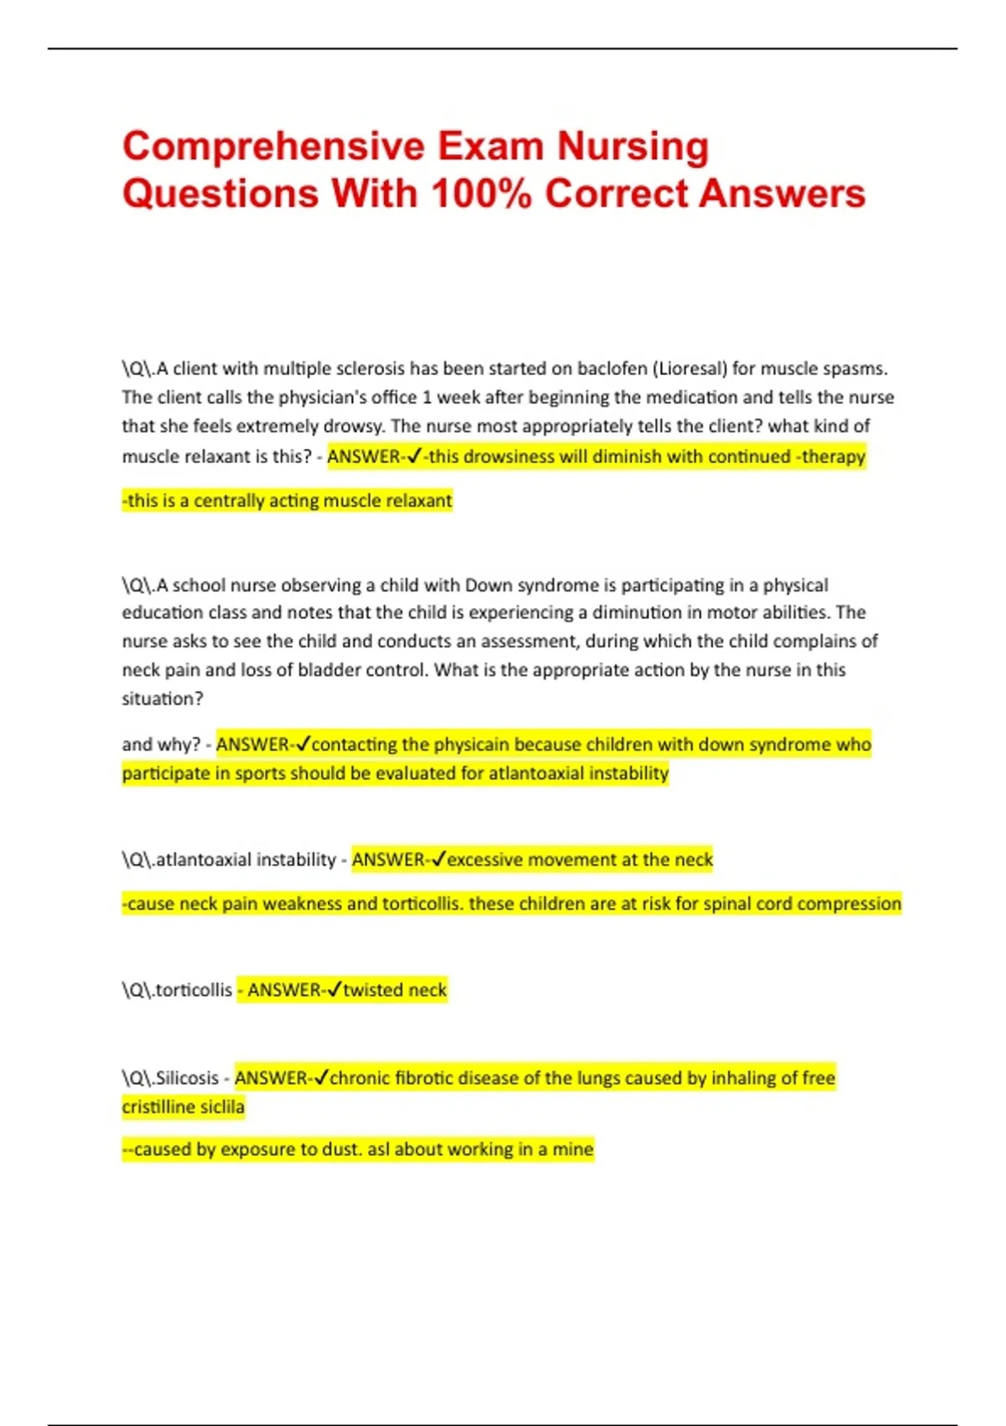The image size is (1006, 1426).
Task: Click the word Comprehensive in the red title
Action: pos(273,147)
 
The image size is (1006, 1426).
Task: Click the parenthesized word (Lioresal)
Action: pos(690,368)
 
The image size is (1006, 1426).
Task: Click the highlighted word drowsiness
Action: pos(511,456)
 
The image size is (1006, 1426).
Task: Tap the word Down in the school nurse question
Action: pos(487,585)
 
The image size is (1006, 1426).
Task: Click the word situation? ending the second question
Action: pos(163,699)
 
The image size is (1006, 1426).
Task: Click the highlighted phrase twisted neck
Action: pos(395,990)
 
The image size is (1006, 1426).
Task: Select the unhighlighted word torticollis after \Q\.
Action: pos(194,990)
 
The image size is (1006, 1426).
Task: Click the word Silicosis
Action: pos(187,1078)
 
